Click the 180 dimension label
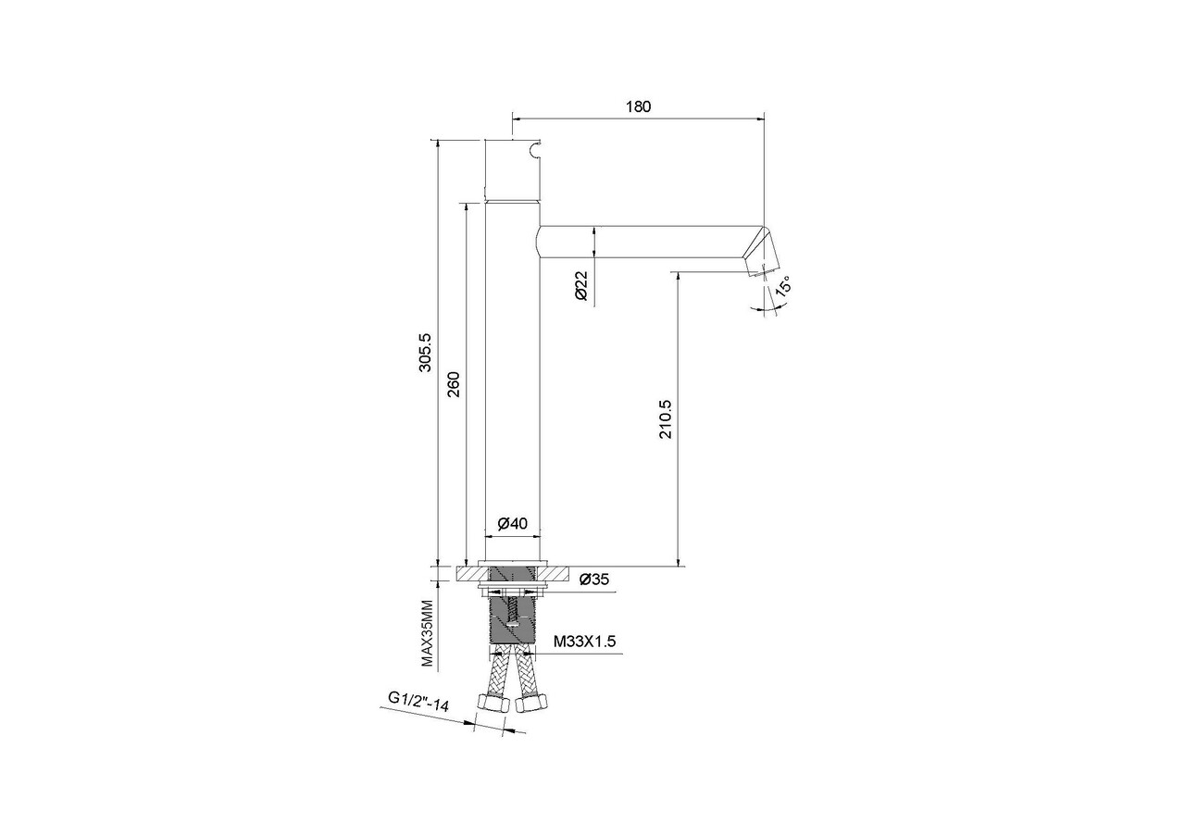pos(638,106)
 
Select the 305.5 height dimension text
pos(425,353)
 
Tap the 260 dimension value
pos(454,384)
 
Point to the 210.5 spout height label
pos(666,418)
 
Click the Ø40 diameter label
pos(513,523)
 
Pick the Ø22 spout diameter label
pos(580,286)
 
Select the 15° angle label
pos(783,285)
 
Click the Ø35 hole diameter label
pos(594,580)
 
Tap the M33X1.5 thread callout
pos(584,642)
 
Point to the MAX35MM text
pos(427,633)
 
